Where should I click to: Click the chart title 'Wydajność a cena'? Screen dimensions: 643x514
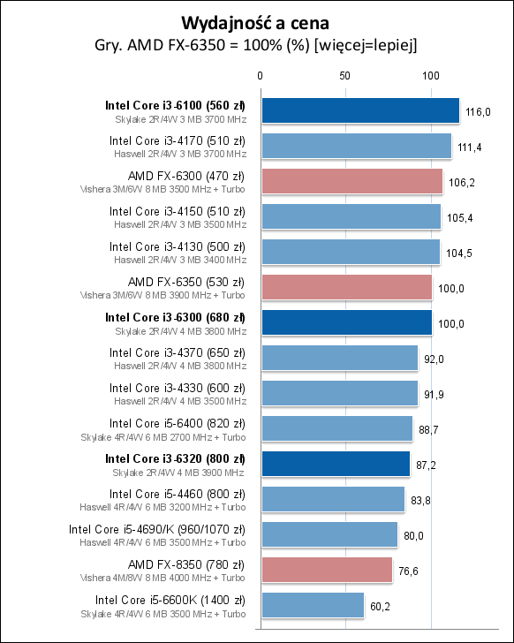[256, 22]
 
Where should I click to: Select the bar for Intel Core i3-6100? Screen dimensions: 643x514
[359, 110]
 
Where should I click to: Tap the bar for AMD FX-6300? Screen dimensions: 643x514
[351, 181]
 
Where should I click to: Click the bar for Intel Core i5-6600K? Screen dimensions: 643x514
[312, 605]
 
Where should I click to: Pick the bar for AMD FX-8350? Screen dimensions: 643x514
[326, 570]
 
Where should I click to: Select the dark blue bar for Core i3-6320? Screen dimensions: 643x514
[335, 464]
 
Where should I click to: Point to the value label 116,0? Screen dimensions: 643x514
[478, 111]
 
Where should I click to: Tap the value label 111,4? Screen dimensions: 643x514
[470, 147]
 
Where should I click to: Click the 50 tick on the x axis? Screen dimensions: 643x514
[345, 77]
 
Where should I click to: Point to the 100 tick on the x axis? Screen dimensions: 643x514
[431, 77]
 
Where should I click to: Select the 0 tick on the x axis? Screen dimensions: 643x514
[260, 77]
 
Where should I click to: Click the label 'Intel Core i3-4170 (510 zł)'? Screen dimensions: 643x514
[177, 140]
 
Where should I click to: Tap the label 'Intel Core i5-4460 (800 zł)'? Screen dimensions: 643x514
[177, 493]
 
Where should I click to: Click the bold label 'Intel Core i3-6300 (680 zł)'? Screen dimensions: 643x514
[175, 316]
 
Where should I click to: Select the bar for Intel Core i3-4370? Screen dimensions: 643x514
[338, 358]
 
